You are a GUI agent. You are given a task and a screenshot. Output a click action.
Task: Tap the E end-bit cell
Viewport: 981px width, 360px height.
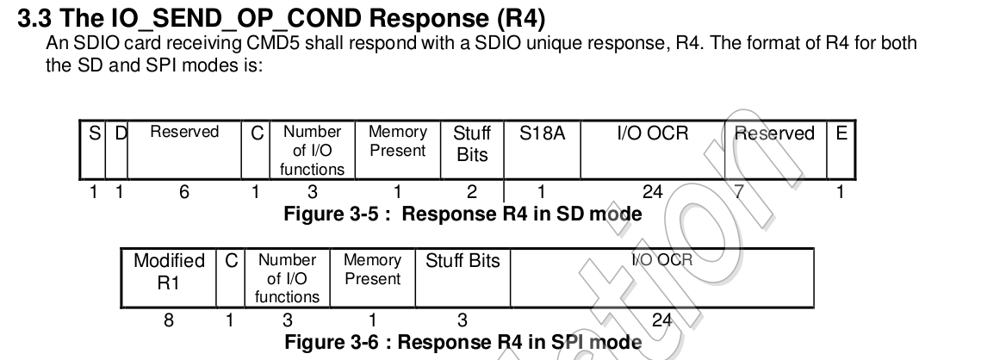coord(841,133)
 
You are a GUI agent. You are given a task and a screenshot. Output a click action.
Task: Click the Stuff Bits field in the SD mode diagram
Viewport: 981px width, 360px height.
coord(471,144)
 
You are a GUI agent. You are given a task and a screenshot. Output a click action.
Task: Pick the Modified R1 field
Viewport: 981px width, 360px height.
coord(169,270)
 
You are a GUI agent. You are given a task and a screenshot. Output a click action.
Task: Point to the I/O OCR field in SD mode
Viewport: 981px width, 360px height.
coord(653,133)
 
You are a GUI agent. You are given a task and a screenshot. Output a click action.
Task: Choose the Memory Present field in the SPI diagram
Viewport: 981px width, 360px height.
coord(372,270)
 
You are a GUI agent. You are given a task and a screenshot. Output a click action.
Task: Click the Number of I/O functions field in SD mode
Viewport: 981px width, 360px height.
coord(312,151)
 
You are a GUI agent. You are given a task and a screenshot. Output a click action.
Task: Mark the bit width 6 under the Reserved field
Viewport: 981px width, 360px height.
coord(183,193)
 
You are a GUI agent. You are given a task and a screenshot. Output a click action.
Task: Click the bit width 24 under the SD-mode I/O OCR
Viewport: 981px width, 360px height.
coord(653,193)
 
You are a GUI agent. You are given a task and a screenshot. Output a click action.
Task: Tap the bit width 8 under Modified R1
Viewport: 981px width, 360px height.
coord(169,320)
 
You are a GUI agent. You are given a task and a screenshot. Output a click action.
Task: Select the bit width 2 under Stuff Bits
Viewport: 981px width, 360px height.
coord(471,193)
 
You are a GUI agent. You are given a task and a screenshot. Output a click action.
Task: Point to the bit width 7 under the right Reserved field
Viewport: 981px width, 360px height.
coord(738,193)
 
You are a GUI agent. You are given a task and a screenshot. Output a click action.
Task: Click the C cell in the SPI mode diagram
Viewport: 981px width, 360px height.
coord(230,261)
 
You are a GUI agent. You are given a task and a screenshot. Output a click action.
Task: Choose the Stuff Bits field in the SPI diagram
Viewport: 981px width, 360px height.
coord(463,261)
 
